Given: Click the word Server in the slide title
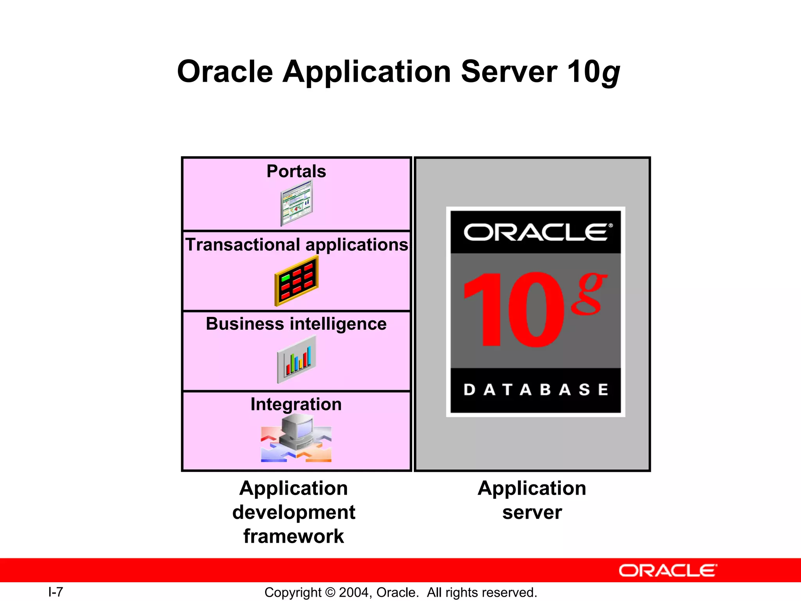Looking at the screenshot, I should tap(508, 72).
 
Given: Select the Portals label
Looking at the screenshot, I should tap(296, 171).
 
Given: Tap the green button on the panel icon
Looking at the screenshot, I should tap(286, 278).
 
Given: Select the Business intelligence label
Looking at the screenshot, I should tap(296, 324).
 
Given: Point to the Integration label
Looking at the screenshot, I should tap(296, 404).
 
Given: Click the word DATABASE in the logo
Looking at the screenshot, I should tap(535, 390).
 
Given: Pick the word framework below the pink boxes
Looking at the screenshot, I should tap(293, 536).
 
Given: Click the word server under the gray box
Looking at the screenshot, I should tap(532, 513).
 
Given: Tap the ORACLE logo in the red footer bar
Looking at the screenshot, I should tap(668, 571).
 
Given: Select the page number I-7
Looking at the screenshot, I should tap(56, 592).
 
